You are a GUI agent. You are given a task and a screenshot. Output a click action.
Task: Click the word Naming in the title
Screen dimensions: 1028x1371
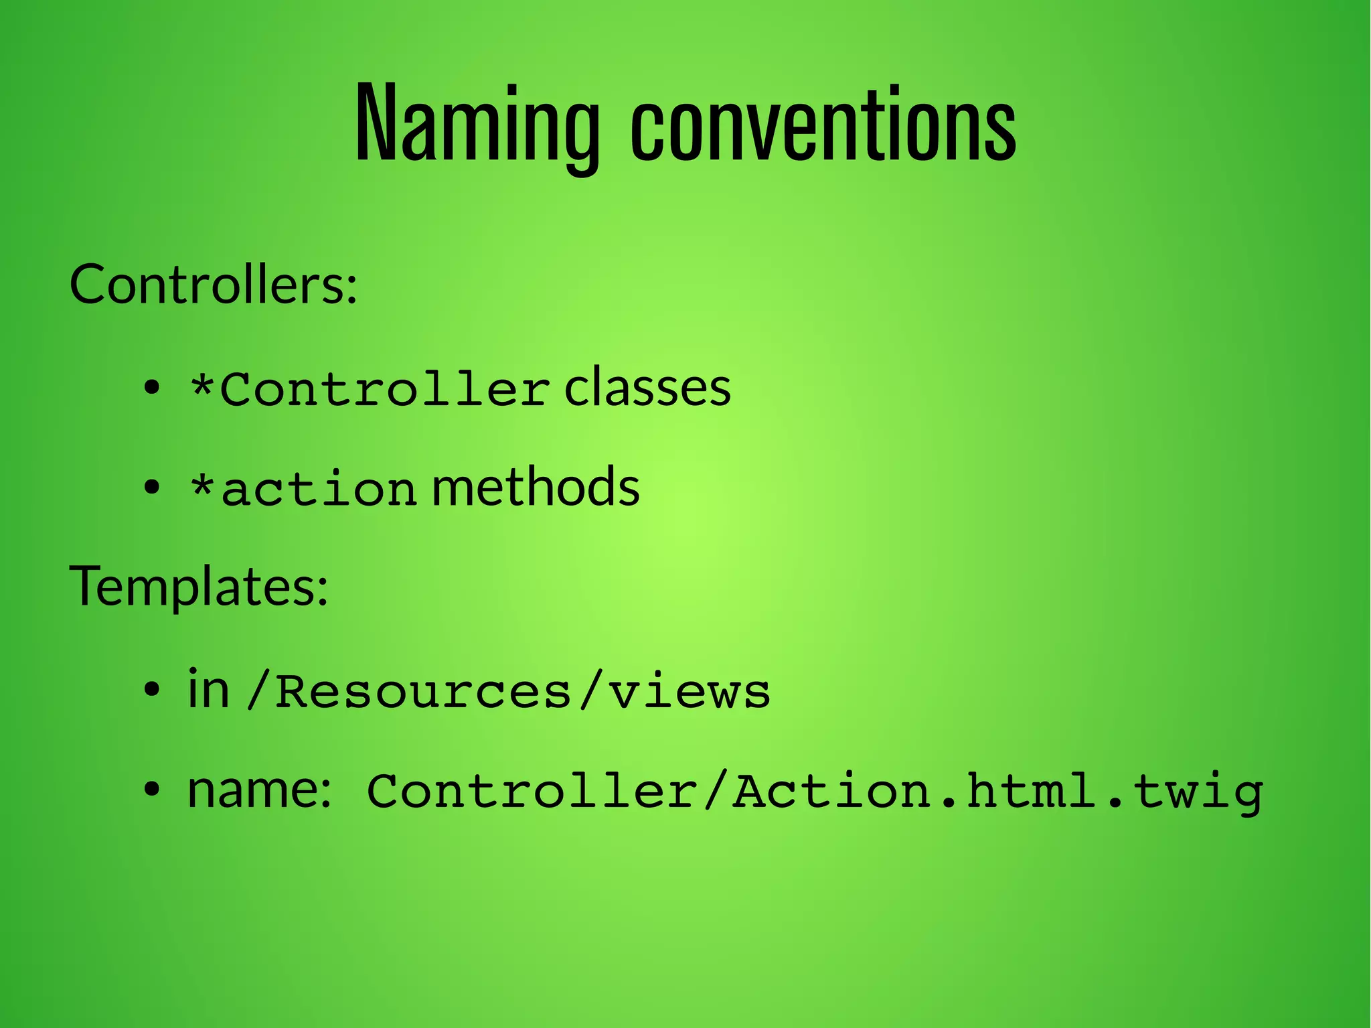477,124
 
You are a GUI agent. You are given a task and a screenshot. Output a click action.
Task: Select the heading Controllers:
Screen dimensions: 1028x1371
214,285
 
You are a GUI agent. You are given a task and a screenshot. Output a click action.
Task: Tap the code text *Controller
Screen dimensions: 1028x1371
370,389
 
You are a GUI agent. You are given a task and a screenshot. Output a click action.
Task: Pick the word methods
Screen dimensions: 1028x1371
536,487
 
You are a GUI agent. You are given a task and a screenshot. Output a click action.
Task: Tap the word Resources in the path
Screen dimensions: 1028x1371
423,692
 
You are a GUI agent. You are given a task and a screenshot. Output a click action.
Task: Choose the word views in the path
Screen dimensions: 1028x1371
690,692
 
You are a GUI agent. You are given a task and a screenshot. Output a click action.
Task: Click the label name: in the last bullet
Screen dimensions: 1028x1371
259,790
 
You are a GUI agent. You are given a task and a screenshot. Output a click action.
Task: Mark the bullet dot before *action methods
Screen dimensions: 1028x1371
153,488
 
